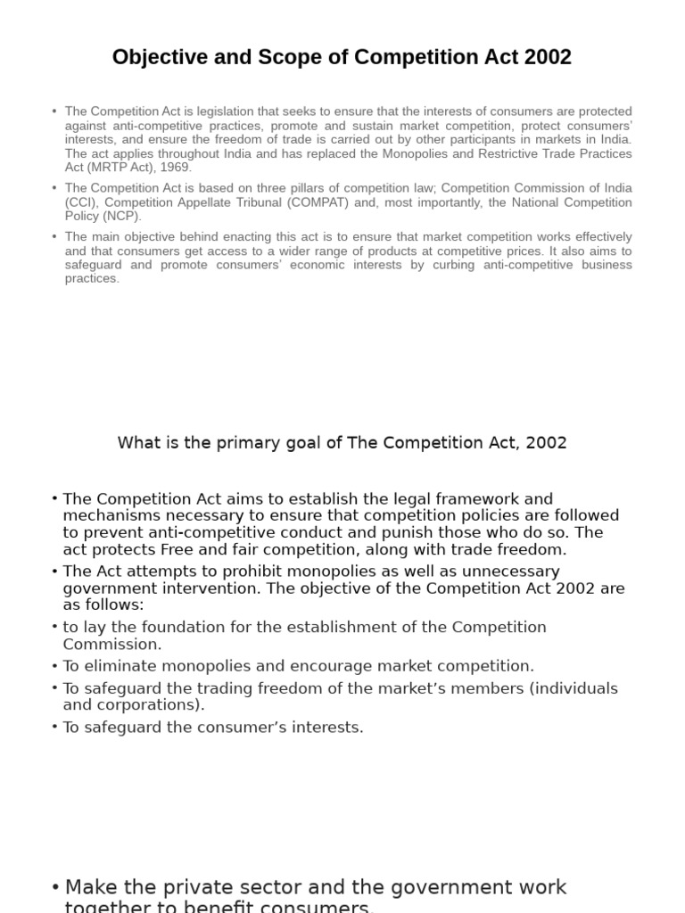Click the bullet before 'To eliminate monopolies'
tap(55, 666)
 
